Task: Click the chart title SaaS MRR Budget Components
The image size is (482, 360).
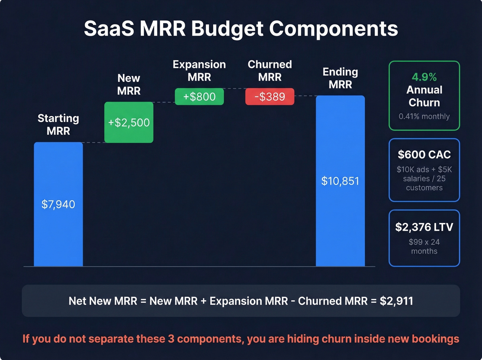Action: click(x=241, y=28)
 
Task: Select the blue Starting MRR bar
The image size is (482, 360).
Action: click(x=58, y=234)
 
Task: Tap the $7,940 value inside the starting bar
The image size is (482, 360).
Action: click(x=58, y=204)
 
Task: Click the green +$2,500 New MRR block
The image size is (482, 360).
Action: click(x=129, y=122)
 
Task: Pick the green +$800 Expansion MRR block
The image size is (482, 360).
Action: click(x=199, y=96)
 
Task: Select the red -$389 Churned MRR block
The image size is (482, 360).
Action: click(x=270, y=96)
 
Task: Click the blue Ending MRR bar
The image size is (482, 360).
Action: click(x=340, y=224)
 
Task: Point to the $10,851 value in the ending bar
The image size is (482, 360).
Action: click(x=340, y=181)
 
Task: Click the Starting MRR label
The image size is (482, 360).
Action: click(x=58, y=124)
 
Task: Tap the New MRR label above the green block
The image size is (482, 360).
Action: click(x=129, y=84)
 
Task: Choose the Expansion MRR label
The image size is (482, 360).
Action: click(x=199, y=71)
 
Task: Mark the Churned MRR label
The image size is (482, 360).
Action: click(x=270, y=71)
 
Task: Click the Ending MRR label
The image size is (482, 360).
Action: click(x=340, y=78)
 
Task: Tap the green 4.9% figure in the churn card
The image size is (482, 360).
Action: click(x=424, y=77)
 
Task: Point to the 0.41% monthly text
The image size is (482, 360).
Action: click(x=424, y=116)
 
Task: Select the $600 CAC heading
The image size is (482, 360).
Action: click(x=424, y=155)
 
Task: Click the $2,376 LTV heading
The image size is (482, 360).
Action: click(x=424, y=227)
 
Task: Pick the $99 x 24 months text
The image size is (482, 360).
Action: click(x=424, y=246)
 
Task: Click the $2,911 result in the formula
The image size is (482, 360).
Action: click(x=396, y=301)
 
